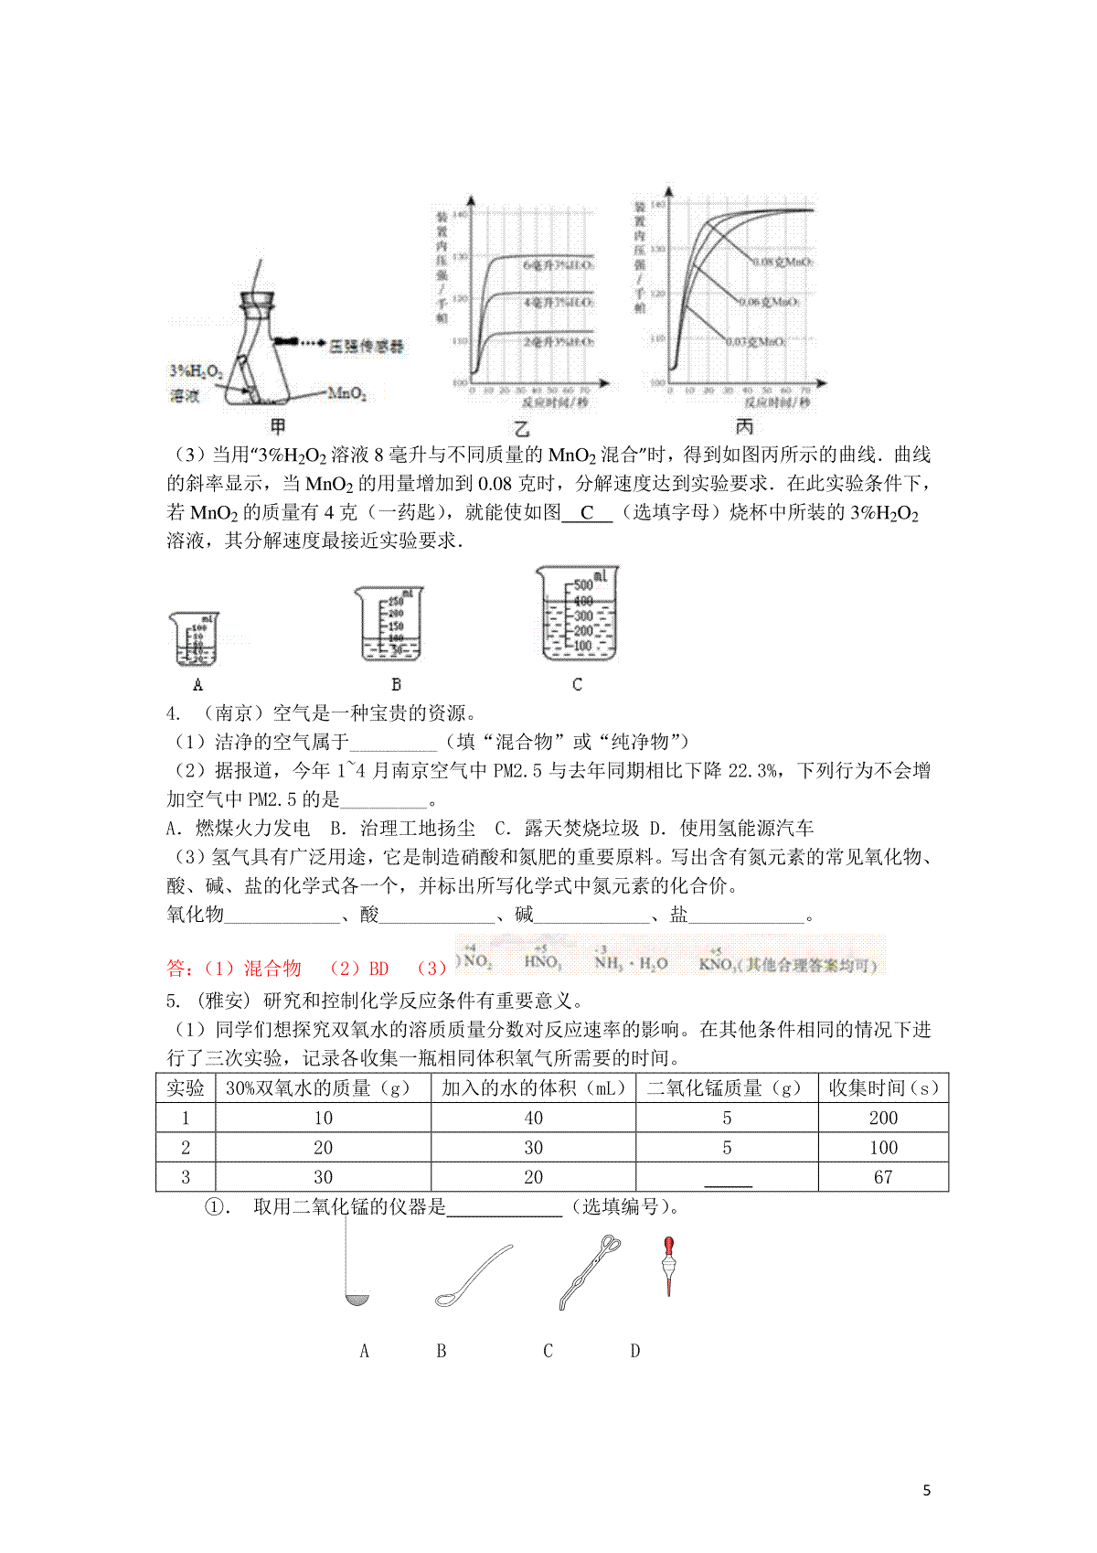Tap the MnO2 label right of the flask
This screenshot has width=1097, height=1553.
tap(346, 394)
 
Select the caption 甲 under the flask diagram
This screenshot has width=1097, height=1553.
tap(278, 426)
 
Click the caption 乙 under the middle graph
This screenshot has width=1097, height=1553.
tap(522, 428)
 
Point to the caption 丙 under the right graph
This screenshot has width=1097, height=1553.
tap(745, 426)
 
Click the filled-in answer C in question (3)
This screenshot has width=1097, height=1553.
tap(587, 513)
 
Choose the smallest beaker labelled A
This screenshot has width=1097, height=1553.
tap(194, 639)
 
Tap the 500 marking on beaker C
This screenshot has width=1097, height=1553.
tap(583, 585)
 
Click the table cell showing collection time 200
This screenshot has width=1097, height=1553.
tap(883, 1118)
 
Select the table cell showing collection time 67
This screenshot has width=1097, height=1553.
tap(883, 1177)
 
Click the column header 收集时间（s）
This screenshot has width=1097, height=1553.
tap(883, 1088)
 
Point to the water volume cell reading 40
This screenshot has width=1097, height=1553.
tap(534, 1118)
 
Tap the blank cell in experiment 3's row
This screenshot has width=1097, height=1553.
tap(728, 1177)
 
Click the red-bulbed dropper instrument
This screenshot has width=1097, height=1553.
tap(669, 1266)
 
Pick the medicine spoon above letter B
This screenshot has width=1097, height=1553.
tap(473, 1273)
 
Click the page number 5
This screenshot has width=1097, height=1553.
tap(927, 1490)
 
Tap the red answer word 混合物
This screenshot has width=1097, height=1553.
tap(272, 969)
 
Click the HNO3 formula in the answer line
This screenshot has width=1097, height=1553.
tap(543, 962)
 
